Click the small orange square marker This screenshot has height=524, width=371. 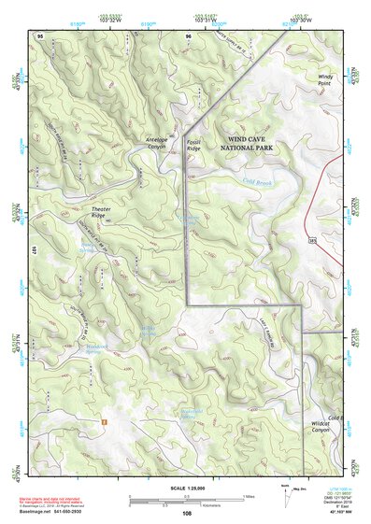pos(105,422)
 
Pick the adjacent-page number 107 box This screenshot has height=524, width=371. pos(32,250)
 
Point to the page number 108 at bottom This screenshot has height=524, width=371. pos(187,513)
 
